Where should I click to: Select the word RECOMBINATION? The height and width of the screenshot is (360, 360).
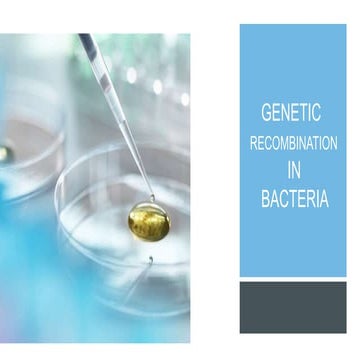[293, 144]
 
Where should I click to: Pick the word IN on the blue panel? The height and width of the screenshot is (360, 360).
[294, 171]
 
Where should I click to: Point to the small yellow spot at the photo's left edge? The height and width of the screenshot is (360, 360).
[3, 153]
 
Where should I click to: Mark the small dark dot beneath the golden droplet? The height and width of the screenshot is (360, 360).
[151, 259]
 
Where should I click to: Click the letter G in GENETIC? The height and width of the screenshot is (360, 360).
[266, 116]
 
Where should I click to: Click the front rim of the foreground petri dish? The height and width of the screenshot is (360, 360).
[130, 300]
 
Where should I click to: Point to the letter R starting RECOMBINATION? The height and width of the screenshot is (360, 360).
[253, 144]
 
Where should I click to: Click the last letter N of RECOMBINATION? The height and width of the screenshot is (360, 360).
[333, 144]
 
